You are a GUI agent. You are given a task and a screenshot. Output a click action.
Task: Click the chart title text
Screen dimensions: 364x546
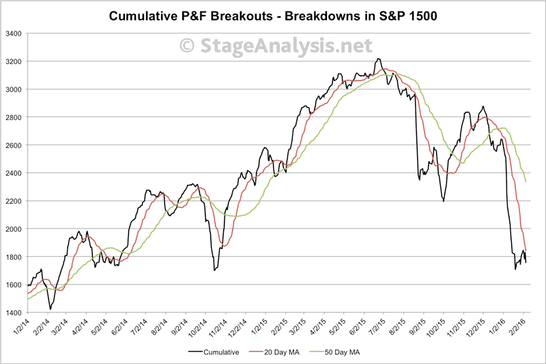click(x=272, y=14)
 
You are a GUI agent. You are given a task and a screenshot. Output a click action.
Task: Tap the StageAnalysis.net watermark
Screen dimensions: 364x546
click(x=276, y=46)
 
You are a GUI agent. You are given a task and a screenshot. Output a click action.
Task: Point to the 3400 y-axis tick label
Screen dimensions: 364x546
click(x=13, y=33)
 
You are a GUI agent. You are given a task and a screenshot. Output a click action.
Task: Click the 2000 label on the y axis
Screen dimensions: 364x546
click(x=13, y=229)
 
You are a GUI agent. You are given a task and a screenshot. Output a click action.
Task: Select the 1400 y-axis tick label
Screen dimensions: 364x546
click(x=13, y=313)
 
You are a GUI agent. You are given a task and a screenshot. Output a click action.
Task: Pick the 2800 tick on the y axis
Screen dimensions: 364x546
click(x=13, y=117)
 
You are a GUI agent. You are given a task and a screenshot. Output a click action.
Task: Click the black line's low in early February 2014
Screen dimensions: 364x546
click(x=51, y=309)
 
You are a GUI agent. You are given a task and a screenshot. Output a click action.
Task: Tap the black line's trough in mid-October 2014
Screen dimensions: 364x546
click(x=214, y=271)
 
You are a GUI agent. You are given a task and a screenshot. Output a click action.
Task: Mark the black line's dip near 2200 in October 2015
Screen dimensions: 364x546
click(x=444, y=201)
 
